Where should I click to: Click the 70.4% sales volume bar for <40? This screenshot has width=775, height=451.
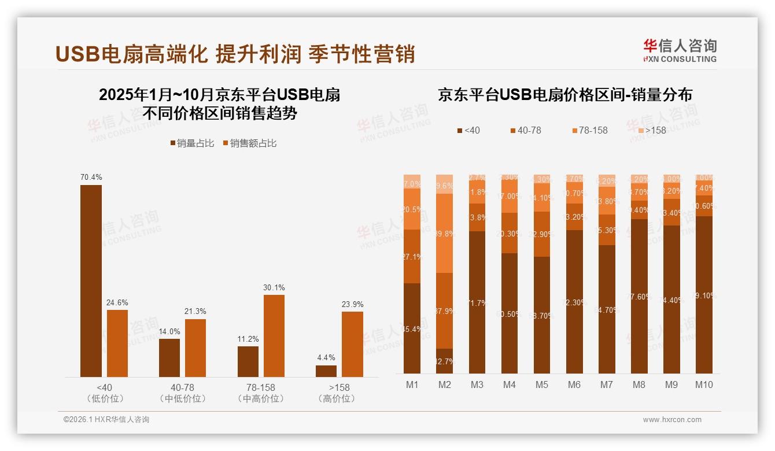91,281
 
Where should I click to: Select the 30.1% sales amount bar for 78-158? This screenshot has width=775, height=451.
274,336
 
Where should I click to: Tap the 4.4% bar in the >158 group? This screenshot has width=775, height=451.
326,371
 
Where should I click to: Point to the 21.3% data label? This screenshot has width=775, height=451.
195,312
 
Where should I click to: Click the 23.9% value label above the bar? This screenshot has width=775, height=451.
352,304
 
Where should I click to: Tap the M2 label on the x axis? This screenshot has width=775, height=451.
445,385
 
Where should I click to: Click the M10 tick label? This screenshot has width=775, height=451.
704,385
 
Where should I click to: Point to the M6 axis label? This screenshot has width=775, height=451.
574,385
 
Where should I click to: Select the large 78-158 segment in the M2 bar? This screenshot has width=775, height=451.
445,233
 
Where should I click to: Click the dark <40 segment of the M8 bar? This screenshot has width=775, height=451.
639,296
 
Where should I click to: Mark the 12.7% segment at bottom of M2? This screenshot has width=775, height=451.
445,361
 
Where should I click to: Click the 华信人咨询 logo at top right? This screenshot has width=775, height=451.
680,50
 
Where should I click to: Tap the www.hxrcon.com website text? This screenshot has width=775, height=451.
672,420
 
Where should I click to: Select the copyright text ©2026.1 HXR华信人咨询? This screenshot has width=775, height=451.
106,420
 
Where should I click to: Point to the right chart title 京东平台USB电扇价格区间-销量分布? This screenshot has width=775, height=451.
565,95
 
